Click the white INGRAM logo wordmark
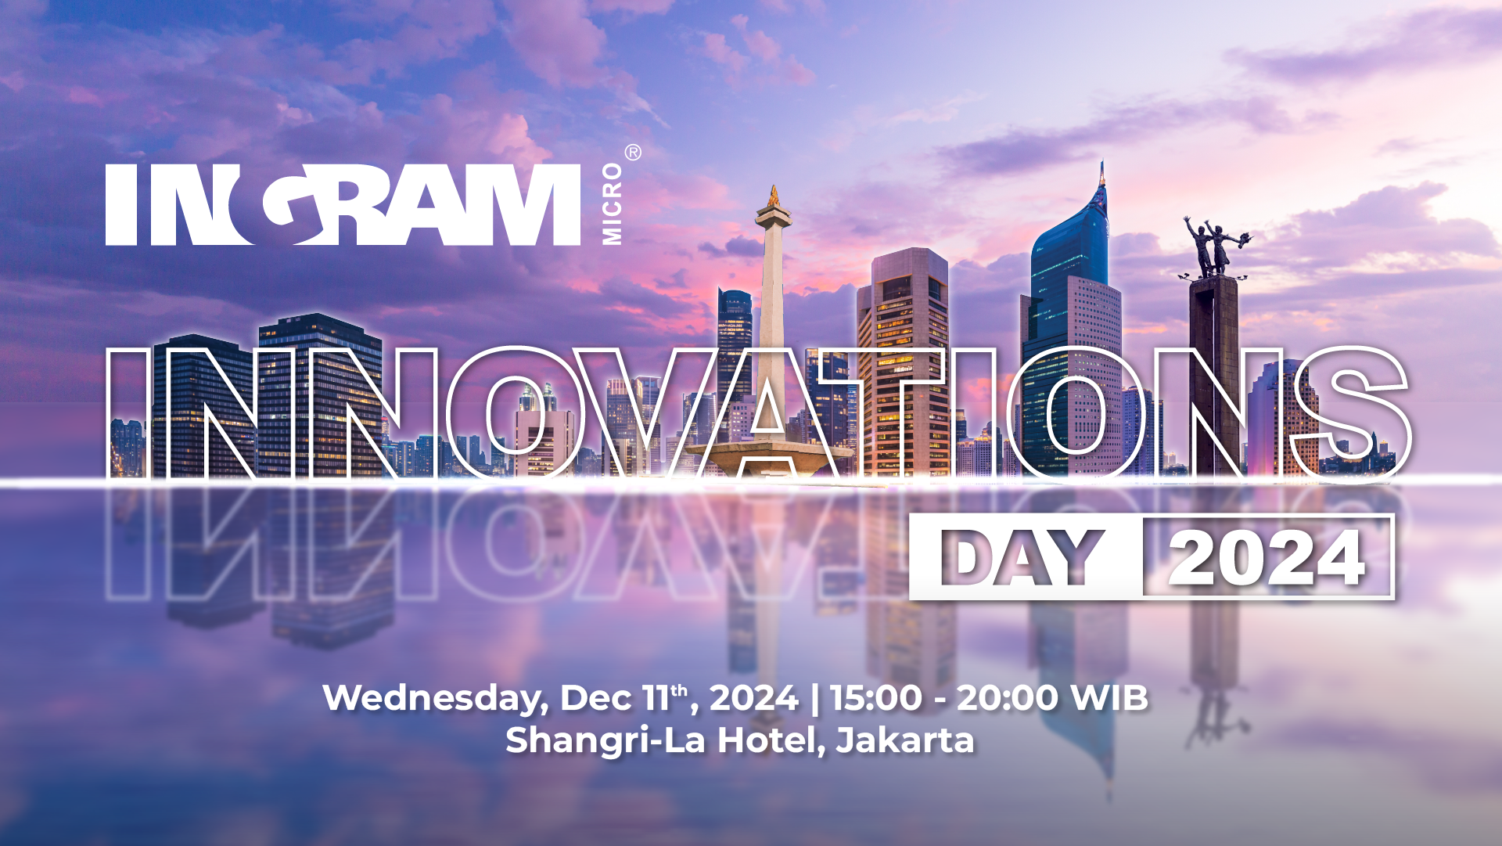point(343,204)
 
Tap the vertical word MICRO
point(612,203)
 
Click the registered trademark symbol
point(633,153)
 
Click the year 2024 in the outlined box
point(1267,558)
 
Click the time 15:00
point(876,697)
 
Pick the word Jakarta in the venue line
point(905,740)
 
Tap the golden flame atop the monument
point(774,196)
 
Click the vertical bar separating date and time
point(814,698)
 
